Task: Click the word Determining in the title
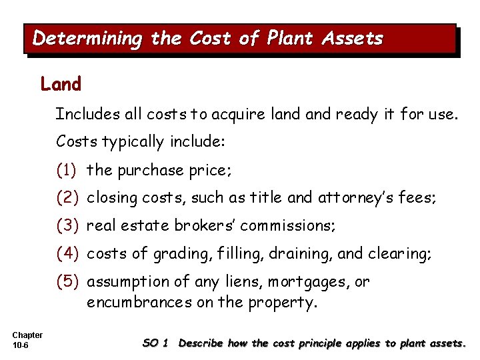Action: [87, 39]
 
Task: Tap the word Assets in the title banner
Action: [353, 39]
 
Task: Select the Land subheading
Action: [61, 85]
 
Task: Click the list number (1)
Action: [69, 170]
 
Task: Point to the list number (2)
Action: [69, 198]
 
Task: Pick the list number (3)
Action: [69, 226]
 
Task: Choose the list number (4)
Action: [69, 254]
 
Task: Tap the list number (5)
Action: [69, 282]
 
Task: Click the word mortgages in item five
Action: [307, 282]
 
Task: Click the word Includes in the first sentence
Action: [85, 114]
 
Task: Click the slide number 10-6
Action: [19, 345]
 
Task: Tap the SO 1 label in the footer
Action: [155, 343]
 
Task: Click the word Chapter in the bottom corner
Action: [27, 335]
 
